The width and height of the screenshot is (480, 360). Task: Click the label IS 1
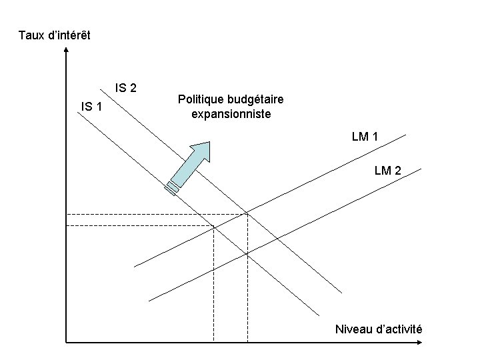91,105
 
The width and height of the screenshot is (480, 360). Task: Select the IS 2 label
126,87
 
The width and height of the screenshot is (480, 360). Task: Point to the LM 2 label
388,171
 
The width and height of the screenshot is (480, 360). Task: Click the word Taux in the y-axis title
31,34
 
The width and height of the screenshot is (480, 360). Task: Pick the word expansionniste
231,114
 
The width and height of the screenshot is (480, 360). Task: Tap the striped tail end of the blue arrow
173,187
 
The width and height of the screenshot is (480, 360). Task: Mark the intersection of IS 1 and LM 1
213,227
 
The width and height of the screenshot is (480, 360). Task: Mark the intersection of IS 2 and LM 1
247,213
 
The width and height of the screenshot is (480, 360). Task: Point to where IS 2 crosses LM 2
247,254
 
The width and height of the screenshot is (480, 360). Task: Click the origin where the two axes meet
67,343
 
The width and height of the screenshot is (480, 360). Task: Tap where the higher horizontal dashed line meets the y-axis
67,214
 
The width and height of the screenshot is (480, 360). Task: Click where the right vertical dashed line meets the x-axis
247,343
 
